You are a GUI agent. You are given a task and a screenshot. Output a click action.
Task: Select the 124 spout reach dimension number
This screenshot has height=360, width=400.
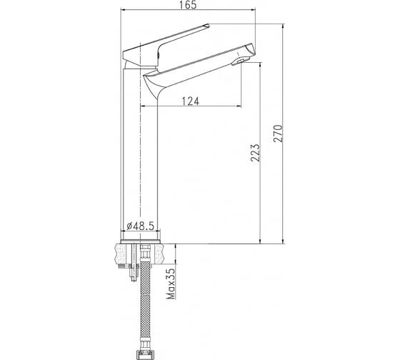(190, 100)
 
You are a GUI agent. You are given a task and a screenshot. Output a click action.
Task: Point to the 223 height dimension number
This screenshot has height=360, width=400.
(255, 154)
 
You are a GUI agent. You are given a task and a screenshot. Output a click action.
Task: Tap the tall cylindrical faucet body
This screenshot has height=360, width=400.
(141, 157)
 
